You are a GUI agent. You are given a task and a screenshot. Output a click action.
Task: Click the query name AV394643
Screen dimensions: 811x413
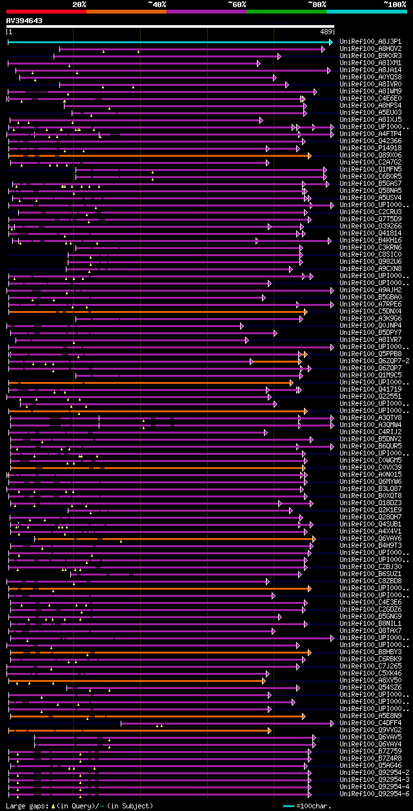(x=25, y=21)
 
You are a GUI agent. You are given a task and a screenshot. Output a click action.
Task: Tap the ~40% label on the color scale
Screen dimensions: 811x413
(x=157, y=4)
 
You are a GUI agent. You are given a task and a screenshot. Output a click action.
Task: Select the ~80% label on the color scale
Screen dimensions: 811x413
(x=317, y=4)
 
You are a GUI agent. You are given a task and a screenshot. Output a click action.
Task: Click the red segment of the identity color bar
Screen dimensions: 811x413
(x=46, y=11)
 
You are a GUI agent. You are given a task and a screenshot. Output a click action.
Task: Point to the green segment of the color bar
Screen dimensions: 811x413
(x=286, y=11)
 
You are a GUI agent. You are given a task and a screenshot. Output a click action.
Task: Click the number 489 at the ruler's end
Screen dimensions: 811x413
(x=326, y=31)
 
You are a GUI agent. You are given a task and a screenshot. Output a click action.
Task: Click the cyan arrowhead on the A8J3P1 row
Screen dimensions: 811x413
(x=331, y=42)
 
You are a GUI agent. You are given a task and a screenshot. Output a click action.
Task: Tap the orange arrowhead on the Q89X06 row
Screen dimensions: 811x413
(x=310, y=155)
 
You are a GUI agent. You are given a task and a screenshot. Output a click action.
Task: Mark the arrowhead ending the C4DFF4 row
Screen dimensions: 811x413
(x=333, y=723)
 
